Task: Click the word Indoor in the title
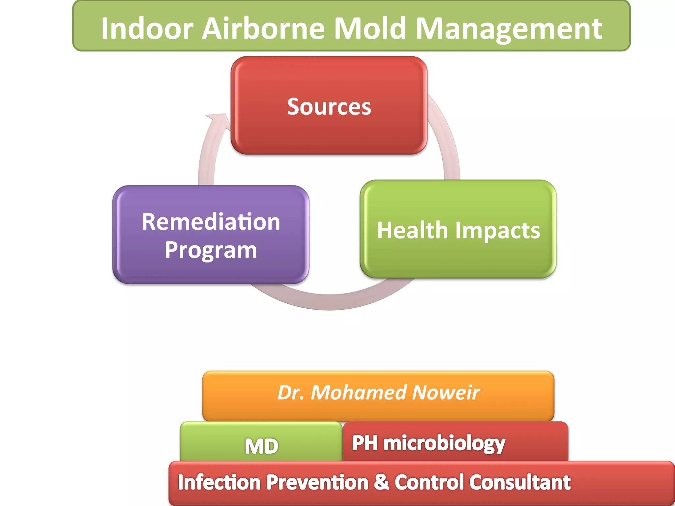(147, 29)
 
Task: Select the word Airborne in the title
(263, 29)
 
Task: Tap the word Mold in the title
(369, 29)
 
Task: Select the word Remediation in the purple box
(211, 222)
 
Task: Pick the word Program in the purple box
(211, 250)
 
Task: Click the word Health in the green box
(412, 230)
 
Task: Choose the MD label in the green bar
(262, 446)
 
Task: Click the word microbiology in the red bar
(444, 443)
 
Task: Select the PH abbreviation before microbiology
(365, 443)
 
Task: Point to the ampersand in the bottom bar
(382, 482)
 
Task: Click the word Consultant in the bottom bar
(520, 482)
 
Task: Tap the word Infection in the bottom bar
(219, 483)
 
